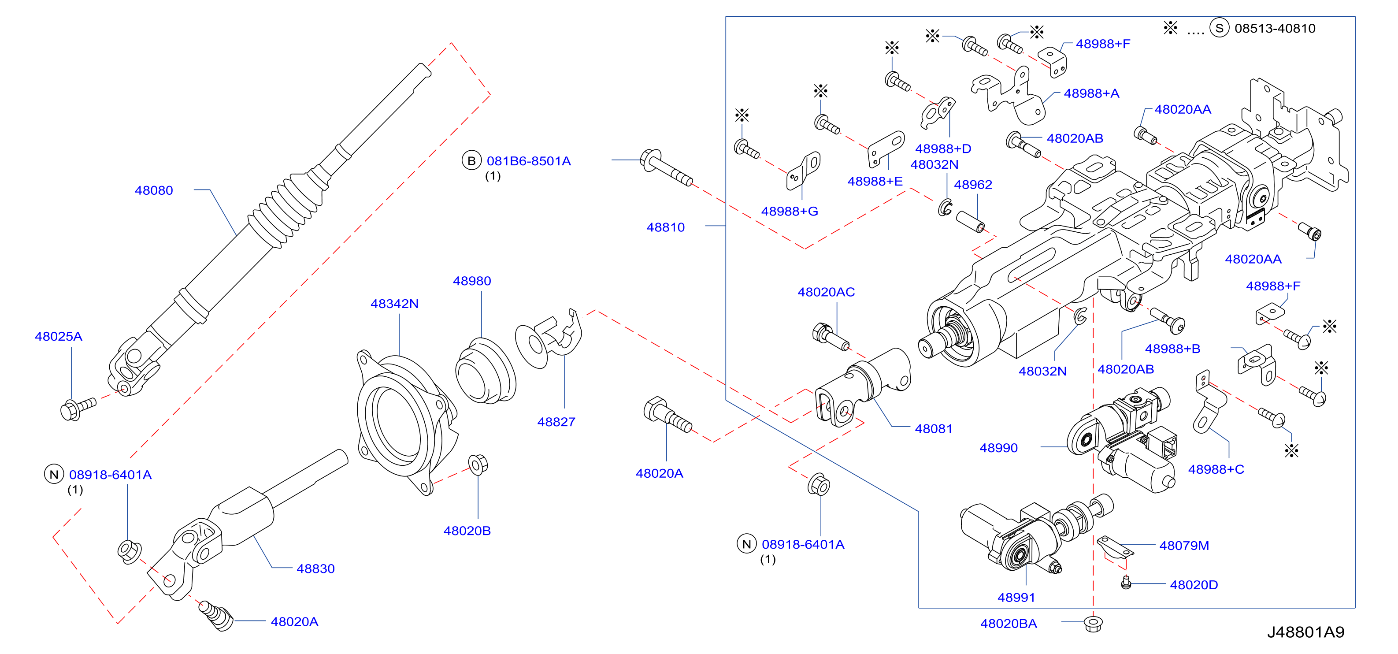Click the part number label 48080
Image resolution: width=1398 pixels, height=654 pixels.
tap(154, 190)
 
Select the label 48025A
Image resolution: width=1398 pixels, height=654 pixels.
tap(59, 337)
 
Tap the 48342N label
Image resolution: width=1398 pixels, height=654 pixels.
tap(394, 304)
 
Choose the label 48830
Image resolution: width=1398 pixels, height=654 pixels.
tap(315, 569)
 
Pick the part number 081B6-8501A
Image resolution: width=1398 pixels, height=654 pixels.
tap(529, 161)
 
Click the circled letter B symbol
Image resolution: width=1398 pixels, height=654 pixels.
tap(471, 161)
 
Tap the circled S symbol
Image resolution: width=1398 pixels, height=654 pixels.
tap(1219, 28)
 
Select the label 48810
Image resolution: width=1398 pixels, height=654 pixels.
tap(665, 227)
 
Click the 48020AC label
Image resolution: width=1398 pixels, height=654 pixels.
tap(826, 292)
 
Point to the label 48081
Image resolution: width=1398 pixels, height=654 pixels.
tap(934, 429)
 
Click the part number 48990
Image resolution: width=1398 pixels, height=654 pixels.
tap(998, 448)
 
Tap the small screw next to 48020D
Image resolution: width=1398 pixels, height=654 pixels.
tap(1126, 583)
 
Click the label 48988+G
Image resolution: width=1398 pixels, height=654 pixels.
tap(789, 211)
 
